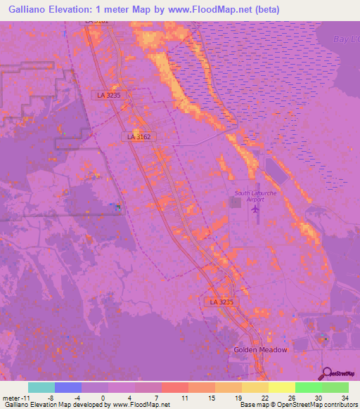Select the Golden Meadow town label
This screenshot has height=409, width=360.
click(x=260, y=349)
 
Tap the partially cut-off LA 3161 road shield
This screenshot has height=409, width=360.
click(x=97, y=21)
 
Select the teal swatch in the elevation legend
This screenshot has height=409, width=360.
click(x=41, y=387)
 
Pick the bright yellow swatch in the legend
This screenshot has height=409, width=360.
click(x=281, y=387)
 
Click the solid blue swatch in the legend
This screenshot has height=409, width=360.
click(x=67, y=387)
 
